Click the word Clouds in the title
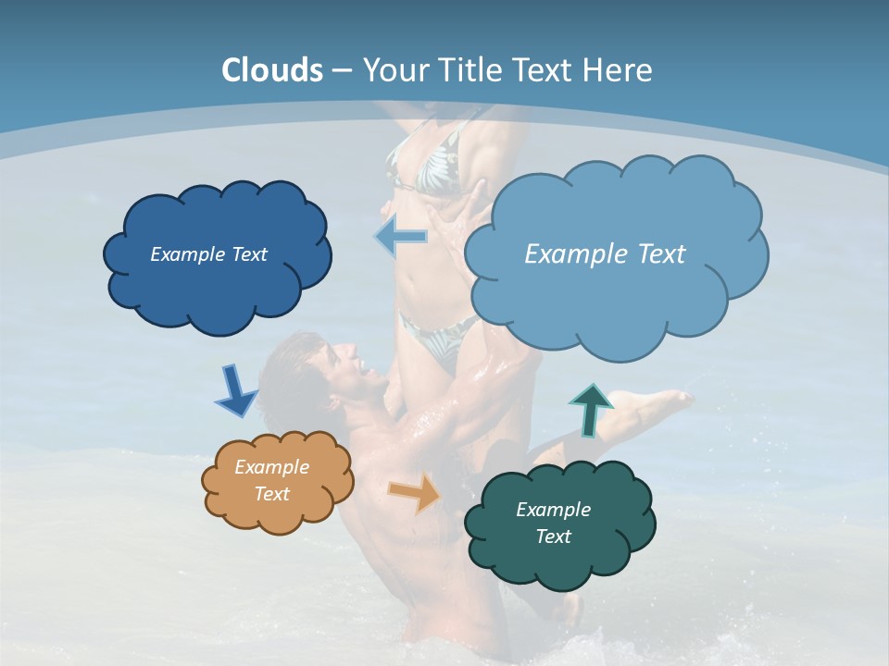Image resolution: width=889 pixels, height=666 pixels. point(271,70)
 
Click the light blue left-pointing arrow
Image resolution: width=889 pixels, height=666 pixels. point(401,237)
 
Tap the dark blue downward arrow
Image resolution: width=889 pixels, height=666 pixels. point(235,391)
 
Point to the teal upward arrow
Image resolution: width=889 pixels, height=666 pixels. point(590,408)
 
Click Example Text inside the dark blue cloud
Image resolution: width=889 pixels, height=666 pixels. point(208,254)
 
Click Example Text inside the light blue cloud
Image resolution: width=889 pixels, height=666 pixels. point(605,254)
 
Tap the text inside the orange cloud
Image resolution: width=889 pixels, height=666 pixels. point(271,480)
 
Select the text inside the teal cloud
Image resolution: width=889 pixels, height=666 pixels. point(553,523)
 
